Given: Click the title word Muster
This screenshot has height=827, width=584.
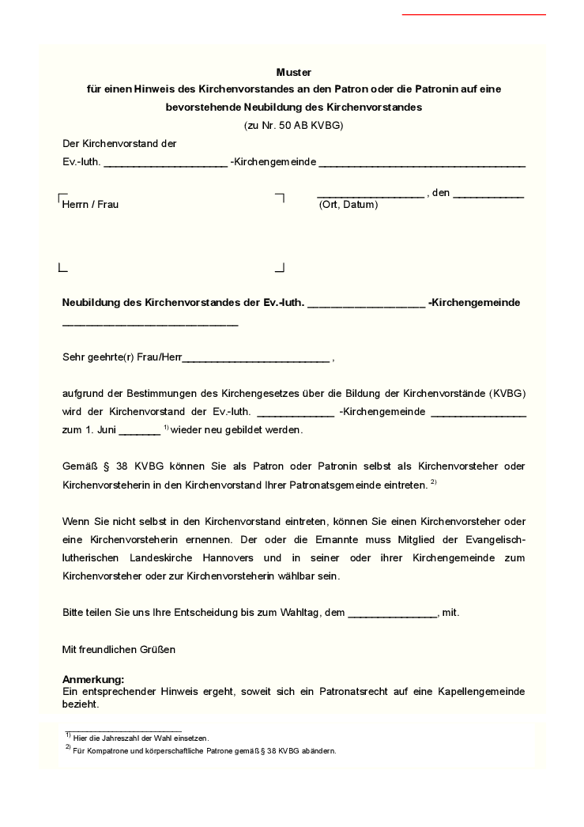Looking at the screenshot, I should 294,72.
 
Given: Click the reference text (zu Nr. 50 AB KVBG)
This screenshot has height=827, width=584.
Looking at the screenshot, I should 294,125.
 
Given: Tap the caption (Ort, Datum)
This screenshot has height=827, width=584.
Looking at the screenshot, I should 349,205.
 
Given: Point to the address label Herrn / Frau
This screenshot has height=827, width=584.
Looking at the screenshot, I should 91,205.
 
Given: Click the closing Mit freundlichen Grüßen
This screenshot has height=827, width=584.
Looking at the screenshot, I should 119,649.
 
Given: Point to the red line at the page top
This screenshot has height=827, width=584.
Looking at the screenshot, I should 473,14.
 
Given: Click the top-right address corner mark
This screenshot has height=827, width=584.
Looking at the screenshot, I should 280,197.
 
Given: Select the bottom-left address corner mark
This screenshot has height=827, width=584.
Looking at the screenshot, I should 62,268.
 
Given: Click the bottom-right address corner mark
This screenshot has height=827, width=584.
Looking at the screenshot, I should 280,268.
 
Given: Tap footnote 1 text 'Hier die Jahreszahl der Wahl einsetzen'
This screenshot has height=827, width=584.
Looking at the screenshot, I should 141,738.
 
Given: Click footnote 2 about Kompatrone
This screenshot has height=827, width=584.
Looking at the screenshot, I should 204,751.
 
